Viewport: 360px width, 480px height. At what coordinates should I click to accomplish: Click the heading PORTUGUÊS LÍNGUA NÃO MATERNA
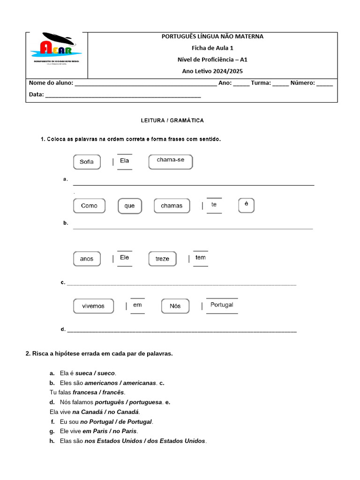pos(212,37)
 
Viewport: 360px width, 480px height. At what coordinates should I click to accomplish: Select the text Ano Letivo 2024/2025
pos(212,71)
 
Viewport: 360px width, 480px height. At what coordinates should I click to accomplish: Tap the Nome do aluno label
pos(51,83)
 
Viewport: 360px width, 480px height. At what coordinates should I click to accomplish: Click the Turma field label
pos(261,83)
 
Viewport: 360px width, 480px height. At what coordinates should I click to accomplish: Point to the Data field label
pos(36,94)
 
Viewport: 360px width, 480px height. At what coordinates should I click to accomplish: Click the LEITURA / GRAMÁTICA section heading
pos(172,120)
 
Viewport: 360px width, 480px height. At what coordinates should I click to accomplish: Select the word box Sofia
pos(87,162)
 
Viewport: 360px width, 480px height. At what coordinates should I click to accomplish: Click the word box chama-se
pos(171,160)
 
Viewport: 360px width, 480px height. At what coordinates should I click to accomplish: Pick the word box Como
pos(89,206)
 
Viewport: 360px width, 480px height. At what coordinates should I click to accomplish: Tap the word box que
pos(129,206)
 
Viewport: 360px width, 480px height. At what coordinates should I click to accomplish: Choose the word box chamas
pos(172,206)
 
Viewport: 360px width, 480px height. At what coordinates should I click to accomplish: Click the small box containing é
pos(246,205)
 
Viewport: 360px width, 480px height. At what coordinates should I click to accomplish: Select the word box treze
pos(162,259)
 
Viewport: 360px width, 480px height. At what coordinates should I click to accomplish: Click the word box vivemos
pos(93,306)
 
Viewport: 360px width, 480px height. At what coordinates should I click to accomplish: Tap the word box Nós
pos(175,306)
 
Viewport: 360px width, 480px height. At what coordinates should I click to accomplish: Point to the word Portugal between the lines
pos(222,305)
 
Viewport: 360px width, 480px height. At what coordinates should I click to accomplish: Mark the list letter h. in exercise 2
pos(52,441)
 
